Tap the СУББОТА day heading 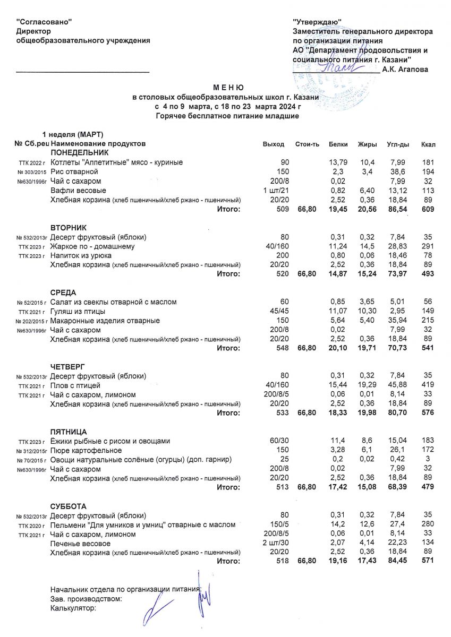[x=69, y=506]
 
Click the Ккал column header [x=428, y=144]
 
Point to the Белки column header [x=338, y=144]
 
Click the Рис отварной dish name [x=74, y=172]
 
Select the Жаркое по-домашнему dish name [x=92, y=246]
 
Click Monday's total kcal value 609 [x=427, y=210]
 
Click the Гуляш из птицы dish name [x=78, y=311]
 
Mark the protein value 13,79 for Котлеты [x=338, y=162]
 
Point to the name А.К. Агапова [x=405, y=69]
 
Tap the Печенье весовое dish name [x=80, y=544]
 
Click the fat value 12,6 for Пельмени [x=367, y=525]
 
